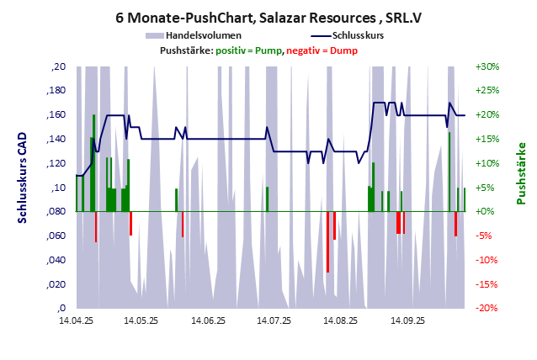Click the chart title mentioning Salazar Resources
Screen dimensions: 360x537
(268, 17)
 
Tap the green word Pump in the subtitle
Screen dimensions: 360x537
(268, 50)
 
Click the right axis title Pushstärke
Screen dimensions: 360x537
(520, 173)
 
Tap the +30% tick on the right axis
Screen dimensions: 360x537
(487, 66)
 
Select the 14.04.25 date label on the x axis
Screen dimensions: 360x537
(76, 320)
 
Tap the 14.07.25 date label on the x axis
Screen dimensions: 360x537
(274, 320)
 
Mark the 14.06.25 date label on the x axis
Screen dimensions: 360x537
(207, 320)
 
